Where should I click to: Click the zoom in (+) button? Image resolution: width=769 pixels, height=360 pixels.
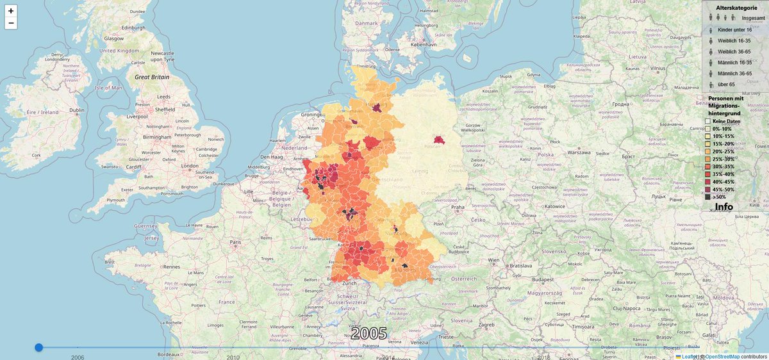pos(11,11)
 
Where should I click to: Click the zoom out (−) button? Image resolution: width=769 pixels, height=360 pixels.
pos(11,24)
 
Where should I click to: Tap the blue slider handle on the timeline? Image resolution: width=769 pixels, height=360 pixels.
pos(38,347)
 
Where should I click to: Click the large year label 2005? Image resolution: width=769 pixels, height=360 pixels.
pos(369,333)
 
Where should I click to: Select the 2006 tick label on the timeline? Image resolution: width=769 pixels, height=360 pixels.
pos(78,357)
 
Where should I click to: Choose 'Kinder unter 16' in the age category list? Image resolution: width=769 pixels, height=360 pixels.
pos(734,30)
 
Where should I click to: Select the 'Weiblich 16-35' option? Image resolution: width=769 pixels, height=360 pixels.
pos(734,41)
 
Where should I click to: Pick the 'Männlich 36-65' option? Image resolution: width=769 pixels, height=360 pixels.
pos(734,74)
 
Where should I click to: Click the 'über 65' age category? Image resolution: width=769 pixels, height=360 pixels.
pos(726,85)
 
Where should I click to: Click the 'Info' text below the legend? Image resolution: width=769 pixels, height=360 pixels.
pos(724,207)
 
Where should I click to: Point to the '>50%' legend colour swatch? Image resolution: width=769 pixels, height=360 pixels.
pos(708,197)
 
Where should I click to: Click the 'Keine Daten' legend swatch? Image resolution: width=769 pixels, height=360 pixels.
pos(708,121)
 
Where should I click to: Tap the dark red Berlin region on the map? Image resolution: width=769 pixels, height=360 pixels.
pos(440,139)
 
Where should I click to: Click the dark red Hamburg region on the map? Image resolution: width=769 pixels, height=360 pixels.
pos(377,108)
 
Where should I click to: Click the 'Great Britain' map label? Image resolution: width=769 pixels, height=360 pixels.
pos(151,77)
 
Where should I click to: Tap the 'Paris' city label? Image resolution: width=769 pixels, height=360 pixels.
pos(235,242)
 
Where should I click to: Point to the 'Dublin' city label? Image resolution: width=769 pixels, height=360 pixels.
pos(78,110)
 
